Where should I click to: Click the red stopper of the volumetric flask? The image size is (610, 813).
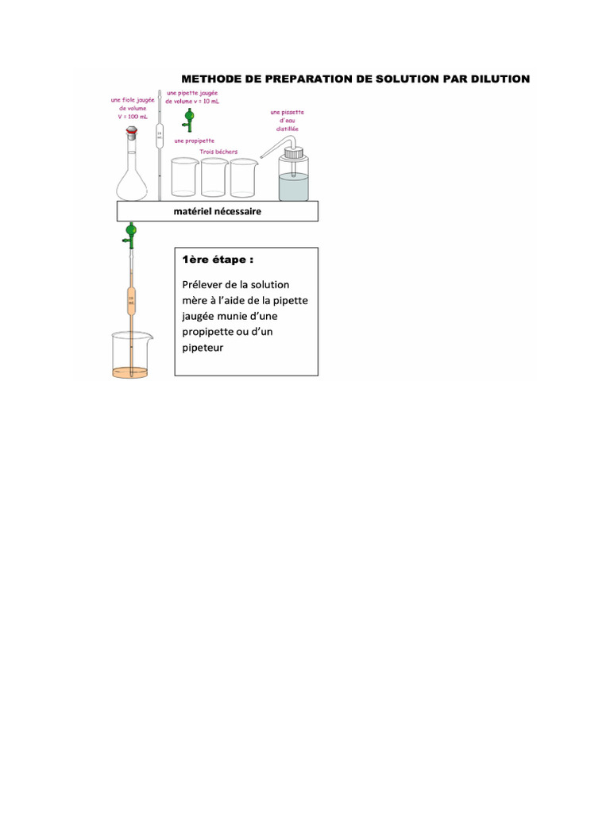tap(131, 133)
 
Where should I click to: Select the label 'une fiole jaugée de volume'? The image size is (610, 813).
tap(132, 108)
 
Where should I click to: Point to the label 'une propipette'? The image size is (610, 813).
tap(190, 141)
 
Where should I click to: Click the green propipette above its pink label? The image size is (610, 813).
tap(189, 118)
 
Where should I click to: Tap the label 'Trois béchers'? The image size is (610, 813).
tap(218, 152)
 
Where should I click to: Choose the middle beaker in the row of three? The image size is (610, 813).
tap(214, 178)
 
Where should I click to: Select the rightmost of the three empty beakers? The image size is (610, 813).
tap(242, 178)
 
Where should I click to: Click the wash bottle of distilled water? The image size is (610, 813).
tap(295, 175)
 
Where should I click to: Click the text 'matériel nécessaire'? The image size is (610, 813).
tap(218, 212)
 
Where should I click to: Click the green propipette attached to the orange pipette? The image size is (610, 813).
tap(130, 233)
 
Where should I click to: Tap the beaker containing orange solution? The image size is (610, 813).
tap(130, 357)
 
